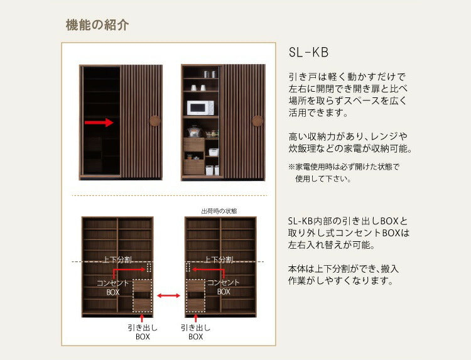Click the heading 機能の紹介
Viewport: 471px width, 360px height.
pos(97,26)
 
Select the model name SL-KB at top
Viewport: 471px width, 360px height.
pos(308,52)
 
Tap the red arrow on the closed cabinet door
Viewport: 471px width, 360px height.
pos(100,123)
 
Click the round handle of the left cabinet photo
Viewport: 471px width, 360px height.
pos(155,121)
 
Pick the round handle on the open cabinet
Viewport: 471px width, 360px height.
pos(257,121)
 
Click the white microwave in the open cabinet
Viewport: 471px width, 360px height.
pos(200,107)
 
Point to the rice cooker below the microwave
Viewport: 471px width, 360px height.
pos(195,132)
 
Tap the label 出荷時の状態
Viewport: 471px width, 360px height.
pos(219,210)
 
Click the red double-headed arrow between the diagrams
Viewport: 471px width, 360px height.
pos(168,295)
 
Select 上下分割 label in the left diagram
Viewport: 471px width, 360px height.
pos(118,260)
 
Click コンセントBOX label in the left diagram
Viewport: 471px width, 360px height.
pos(112,287)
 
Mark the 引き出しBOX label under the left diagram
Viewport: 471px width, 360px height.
pos(143,332)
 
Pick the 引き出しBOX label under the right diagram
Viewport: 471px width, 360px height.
pos(195,332)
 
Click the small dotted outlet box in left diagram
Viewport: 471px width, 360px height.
pos(149,267)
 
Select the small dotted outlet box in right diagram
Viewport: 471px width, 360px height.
pos(188,267)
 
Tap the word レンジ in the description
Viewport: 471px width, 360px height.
pos(393,136)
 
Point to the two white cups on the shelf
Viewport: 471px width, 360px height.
pos(198,87)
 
